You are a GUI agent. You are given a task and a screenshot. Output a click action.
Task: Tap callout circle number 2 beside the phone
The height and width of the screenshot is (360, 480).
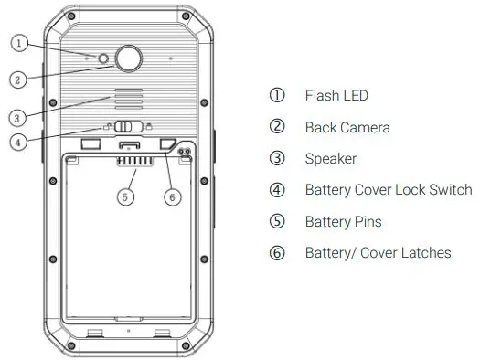(17, 79)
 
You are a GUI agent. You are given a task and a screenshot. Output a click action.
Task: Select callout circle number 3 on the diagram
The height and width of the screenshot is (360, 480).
(18, 116)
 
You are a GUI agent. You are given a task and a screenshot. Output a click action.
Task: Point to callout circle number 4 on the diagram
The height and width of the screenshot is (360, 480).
(18, 142)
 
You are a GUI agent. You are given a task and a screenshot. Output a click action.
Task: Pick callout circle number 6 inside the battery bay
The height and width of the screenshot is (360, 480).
(169, 196)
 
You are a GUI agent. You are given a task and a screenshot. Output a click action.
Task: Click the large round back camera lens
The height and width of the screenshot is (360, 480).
(128, 59)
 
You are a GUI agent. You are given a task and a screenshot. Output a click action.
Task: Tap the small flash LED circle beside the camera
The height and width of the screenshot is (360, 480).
(104, 59)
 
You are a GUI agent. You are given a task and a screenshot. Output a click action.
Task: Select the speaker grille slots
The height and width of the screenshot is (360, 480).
(127, 101)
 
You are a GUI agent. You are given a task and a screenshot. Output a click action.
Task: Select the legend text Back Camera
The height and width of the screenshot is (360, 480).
(347, 127)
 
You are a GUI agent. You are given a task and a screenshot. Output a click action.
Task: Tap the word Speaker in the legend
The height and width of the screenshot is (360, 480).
(331, 158)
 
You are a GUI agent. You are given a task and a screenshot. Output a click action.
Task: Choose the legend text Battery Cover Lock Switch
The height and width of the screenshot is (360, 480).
(389, 189)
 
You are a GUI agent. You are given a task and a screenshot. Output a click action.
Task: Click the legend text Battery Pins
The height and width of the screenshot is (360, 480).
(343, 221)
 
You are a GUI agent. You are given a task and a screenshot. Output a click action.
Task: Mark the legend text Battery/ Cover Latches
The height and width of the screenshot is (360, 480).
(378, 252)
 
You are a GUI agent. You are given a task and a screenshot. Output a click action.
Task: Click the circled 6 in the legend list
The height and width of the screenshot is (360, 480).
(277, 253)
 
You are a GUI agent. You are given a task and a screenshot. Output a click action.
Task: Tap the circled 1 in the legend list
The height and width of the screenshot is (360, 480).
(277, 96)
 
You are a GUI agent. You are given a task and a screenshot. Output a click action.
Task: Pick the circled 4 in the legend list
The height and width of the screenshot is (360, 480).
(277, 190)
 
